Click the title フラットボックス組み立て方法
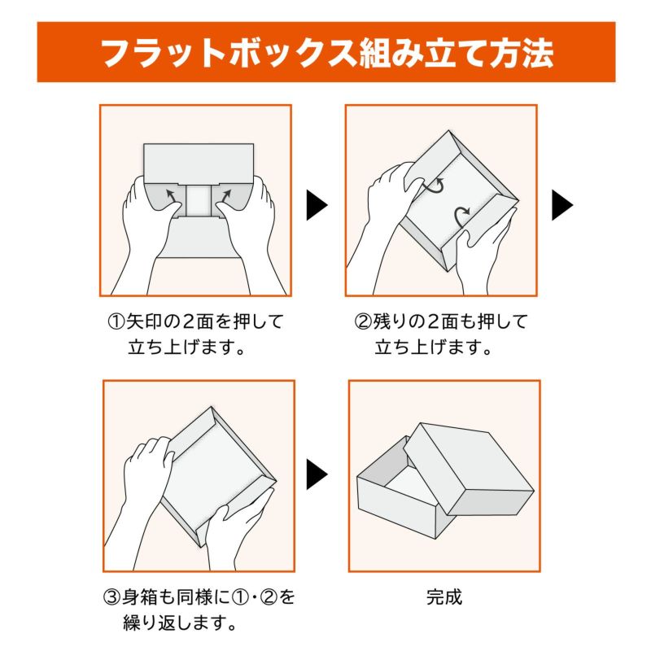click(x=325, y=53)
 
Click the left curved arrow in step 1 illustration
click(x=172, y=196)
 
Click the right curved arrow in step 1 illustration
click(x=226, y=196)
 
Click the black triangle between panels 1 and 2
click(x=316, y=205)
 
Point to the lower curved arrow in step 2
click(x=461, y=215)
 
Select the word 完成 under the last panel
click(x=444, y=597)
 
